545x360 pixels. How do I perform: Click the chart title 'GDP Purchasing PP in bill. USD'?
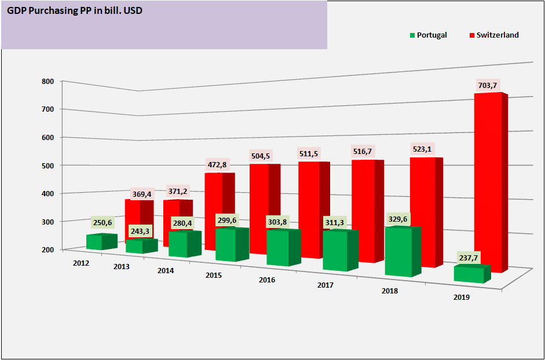coord(75,10)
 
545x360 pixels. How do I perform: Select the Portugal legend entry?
coord(428,35)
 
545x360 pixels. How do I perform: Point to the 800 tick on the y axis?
coord(47,82)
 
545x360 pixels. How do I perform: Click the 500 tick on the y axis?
coord(47,166)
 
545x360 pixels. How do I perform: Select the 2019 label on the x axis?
coord(462,297)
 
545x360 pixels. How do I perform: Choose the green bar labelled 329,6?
coord(400,252)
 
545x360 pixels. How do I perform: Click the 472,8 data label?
coord(218,164)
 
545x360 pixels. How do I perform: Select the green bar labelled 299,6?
coord(229,244)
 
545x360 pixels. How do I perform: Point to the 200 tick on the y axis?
coord(47,249)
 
